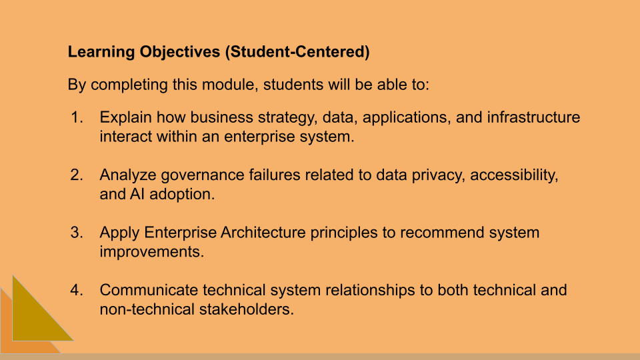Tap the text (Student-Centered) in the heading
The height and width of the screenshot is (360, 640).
pyautogui.click(x=297, y=52)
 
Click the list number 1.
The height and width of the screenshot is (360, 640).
pyautogui.click(x=77, y=118)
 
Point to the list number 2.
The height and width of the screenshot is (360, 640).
pyautogui.click(x=77, y=175)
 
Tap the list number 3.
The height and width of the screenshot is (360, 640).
pyautogui.click(x=77, y=233)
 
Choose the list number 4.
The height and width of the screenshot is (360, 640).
pyautogui.click(x=77, y=290)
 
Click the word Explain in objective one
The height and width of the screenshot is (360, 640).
pyautogui.click(x=125, y=118)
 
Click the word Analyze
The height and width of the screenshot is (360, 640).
pyautogui.click(x=127, y=175)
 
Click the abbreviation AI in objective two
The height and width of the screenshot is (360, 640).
pyautogui.click(x=134, y=195)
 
